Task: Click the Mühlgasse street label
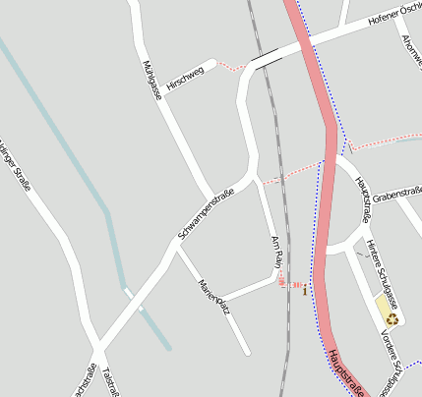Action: click(x=151, y=80)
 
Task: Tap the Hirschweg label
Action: click(x=185, y=78)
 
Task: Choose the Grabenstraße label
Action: click(x=396, y=196)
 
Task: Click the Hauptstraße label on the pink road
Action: click(x=347, y=372)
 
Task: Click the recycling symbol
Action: click(x=392, y=317)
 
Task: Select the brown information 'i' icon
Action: click(x=305, y=290)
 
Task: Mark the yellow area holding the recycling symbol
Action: click(x=385, y=309)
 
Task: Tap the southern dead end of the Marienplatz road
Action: click(x=246, y=351)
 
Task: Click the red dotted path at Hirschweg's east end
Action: click(x=230, y=67)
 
